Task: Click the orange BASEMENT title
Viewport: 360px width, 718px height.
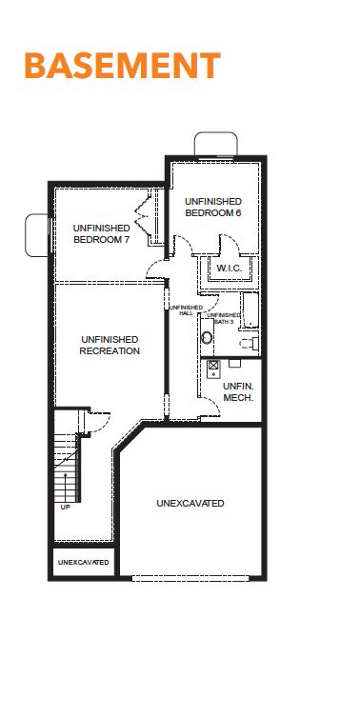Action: click(x=122, y=66)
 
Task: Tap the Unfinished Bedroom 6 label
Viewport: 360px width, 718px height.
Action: click(x=213, y=207)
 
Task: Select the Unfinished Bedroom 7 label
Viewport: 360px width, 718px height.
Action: click(x=101, y=233)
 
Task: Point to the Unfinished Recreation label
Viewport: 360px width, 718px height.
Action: click(x=110, y=346)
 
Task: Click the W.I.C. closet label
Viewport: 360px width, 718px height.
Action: click(x=230, y=268)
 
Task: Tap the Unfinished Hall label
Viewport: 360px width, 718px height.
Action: click(x=187, y=310)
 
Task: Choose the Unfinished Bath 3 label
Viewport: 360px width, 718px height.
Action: click(x=224, y=318)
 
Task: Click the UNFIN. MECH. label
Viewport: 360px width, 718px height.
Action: click(x=238, y=392)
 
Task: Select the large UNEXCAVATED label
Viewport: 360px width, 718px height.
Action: click(x=190, y=503)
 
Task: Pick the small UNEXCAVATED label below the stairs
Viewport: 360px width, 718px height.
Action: click(x=84, y=562)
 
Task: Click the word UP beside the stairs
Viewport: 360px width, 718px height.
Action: click(x=66, y=507)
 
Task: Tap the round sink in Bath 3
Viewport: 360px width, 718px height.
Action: click(x=207, y=337)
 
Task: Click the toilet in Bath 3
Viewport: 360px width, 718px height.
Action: click(x=250, y=343)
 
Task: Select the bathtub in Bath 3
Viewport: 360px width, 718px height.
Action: click(x=250, y=310)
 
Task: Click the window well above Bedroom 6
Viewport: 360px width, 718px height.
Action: click(x=216, y=144)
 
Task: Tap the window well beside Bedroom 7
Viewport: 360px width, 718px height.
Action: click(x=36, y=235)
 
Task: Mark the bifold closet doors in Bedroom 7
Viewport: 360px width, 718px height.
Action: click(x=143, y=215)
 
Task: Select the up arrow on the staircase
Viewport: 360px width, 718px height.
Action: click(x=65, y=488)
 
